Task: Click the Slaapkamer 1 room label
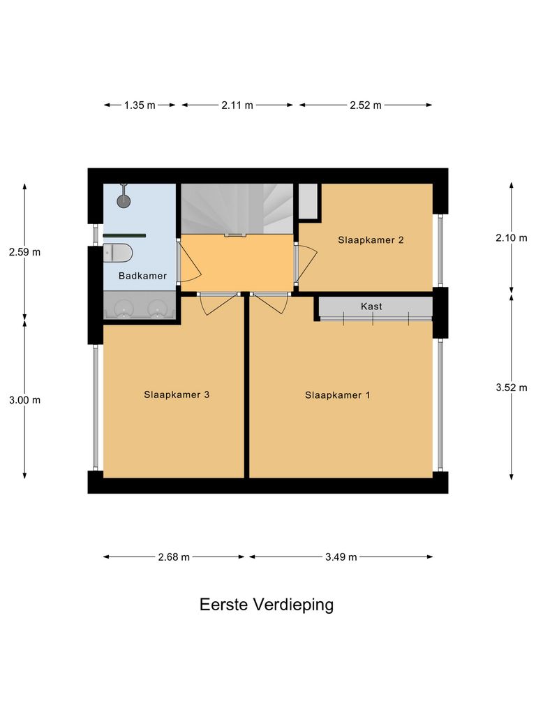(x=337, y=395)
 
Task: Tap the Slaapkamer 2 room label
(x=371, y=240)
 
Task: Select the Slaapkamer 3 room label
(x=177, y=395)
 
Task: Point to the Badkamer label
(x=142, y=276)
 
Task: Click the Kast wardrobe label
(x=371, y=307)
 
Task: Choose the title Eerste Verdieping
(x=267, y=605)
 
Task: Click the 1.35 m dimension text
(x=140, y=105)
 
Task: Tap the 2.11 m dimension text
(x=237, y=105)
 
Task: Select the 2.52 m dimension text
(x=366, y=105)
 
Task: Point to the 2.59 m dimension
(x=24, y=252)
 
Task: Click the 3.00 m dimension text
(x=24, y=400)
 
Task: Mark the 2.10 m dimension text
(x=512, y=238)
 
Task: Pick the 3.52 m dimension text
(x=512, y=388)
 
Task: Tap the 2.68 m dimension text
(x=174, y=557)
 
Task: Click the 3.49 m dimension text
(x=341, y=557)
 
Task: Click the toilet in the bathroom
(x=117, y=253)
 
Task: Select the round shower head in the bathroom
(x=124, y=201)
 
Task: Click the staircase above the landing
(x=237, y=208)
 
